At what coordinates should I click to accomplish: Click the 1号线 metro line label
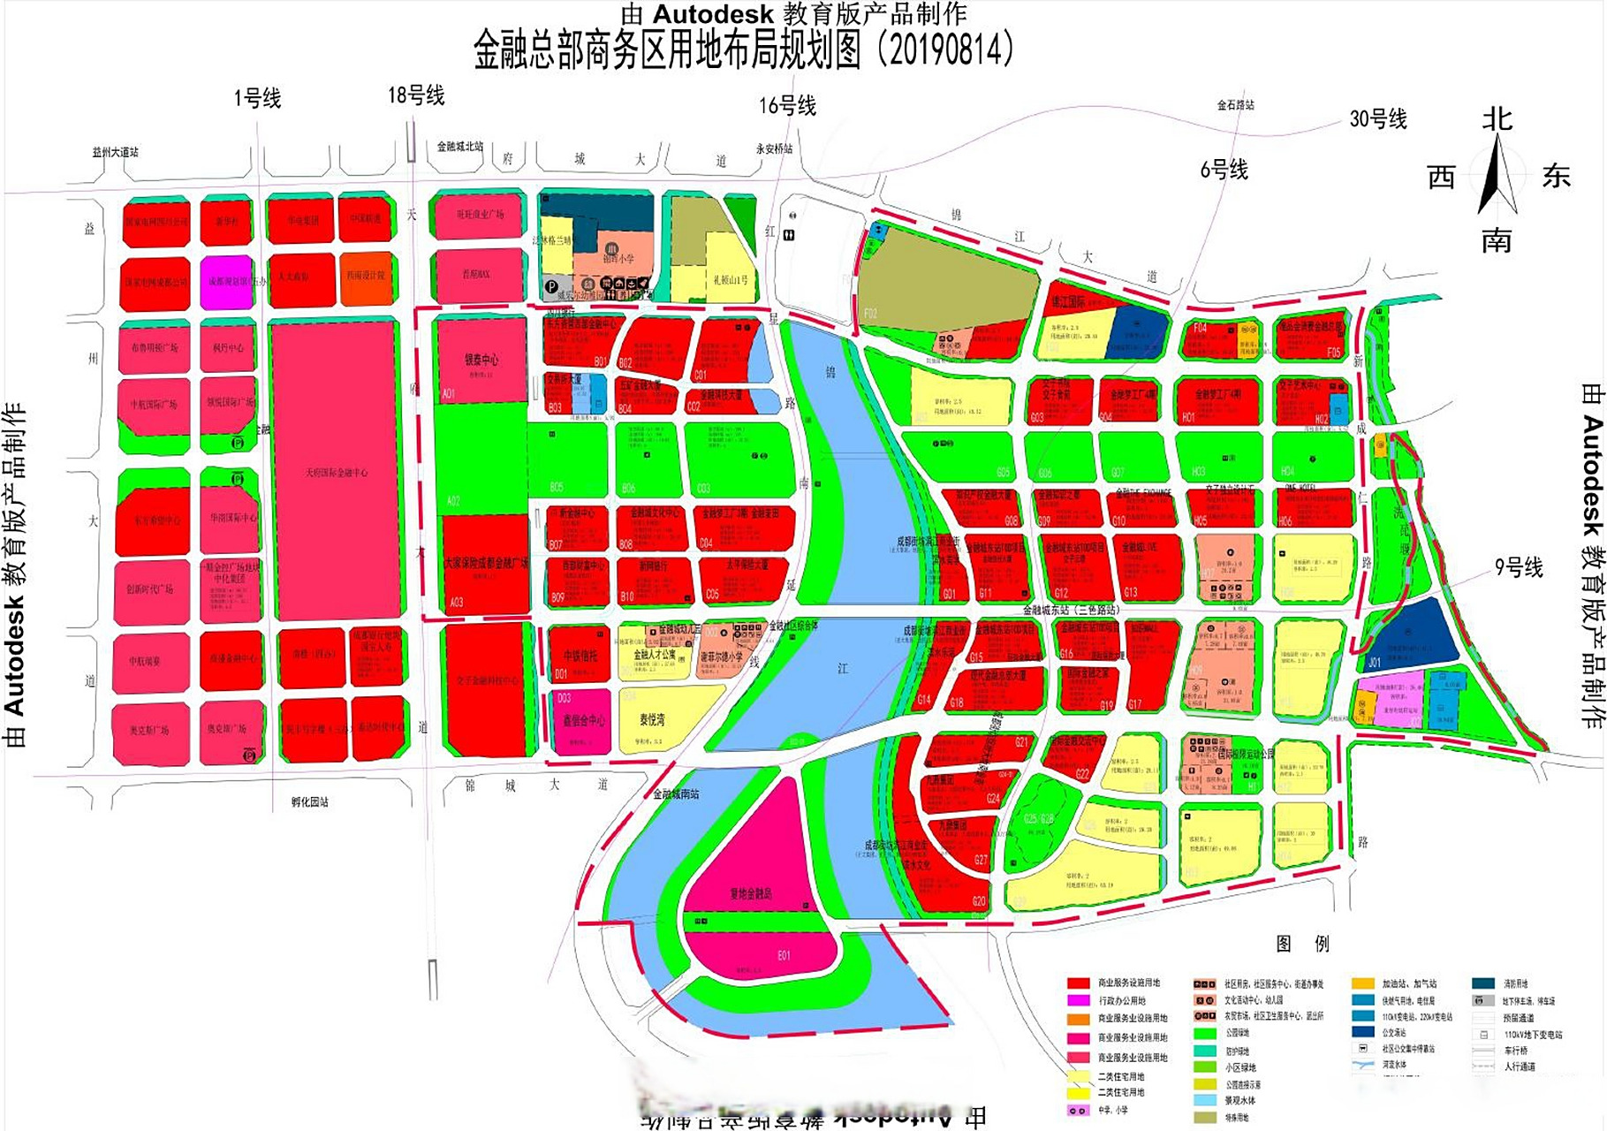pos(257,98)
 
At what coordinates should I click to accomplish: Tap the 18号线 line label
pos(416,95)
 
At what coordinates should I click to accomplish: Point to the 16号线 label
pos(787,106)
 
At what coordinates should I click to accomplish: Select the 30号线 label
pos(1377,118)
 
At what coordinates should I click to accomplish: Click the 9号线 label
pos(1518,567)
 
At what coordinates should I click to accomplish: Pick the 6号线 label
pos(1224,170)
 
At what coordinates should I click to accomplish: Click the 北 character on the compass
pos(1497,119)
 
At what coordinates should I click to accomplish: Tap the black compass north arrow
pos(1497,177)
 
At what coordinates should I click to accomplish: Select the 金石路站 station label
pos(1235,105)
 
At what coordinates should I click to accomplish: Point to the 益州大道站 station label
pos(116,152)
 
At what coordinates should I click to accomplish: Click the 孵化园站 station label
pos(309,802)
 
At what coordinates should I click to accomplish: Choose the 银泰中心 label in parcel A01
pos(481,360)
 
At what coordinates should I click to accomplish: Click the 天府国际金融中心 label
pos(336,473)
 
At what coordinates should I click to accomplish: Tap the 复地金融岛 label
pos(751,893)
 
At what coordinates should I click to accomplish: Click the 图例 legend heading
pos(1302,944)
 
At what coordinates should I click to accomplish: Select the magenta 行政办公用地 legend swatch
pos(1078,1000)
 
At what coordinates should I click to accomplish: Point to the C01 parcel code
pos(701,375)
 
